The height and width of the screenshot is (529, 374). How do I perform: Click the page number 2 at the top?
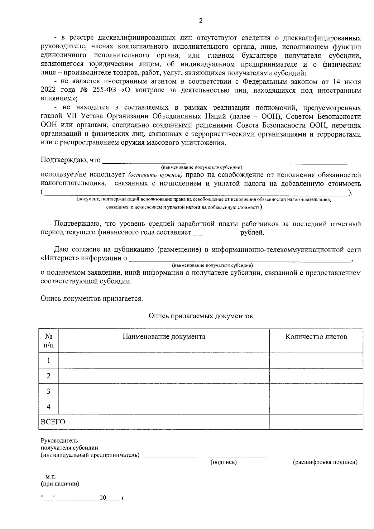(200, 21)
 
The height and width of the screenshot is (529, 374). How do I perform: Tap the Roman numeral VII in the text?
(72, 117)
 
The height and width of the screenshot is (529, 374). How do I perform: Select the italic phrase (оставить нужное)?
(155, 175)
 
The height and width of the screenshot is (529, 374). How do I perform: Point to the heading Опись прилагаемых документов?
(200, 316)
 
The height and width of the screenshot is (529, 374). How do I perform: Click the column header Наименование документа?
(164, 337)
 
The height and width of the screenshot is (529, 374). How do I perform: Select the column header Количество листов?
(316, 337)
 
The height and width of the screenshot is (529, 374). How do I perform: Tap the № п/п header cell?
(49, 341)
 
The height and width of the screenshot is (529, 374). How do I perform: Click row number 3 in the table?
(49, 391)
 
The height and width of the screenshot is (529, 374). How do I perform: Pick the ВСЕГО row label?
(53, 422)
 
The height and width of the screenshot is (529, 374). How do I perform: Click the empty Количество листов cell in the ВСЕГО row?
(316, 422)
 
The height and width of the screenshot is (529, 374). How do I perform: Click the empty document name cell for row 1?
(164, 361)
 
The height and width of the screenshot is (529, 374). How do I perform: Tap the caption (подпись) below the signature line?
(223, 462)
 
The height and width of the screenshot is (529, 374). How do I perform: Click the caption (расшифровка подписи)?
(325, 462)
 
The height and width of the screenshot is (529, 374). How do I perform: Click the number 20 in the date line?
(103, 498)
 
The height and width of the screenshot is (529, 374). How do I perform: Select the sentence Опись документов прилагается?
(92, 298)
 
